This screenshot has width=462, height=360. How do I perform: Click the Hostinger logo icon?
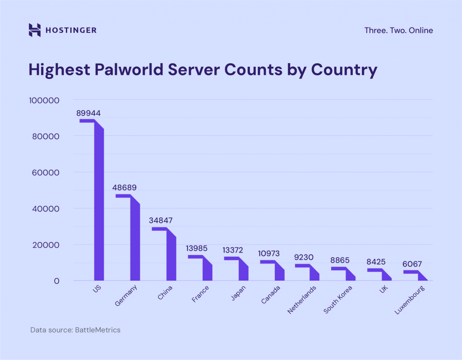34,30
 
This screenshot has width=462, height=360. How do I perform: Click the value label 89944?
88,113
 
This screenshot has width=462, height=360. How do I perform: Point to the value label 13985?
197,249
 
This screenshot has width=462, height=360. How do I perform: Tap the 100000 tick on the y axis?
44,100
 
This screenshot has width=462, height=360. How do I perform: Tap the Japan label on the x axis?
238,293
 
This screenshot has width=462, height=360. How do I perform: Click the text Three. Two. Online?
398,31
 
